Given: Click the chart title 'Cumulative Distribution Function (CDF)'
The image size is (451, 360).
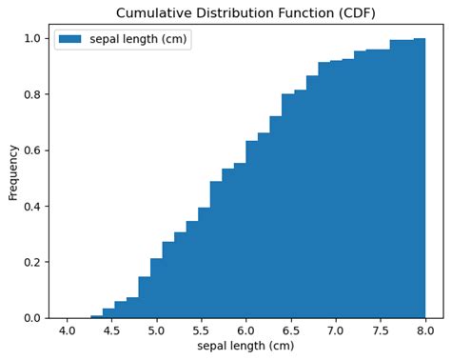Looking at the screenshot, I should pyautogui.click(x=245, y=12).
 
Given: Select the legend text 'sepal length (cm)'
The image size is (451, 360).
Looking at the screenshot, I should pyautogui.click(x=140, y=39).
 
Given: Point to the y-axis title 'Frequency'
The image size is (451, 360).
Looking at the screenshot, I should pyautogui.click(x=13, y=171).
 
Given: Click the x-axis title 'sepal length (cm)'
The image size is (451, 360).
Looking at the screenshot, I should pyautogui.click(x=245, y=346).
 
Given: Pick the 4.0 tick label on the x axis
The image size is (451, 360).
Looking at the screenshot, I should pyautogui.click(x=67, y=330).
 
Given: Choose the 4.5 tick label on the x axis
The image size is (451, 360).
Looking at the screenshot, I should pyautogui.click(x=111, y=330).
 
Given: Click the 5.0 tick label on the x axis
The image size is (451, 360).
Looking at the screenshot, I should pyautogui.click(x=156, y=330).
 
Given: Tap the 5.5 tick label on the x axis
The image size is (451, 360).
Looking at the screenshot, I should pyautogui.click(x=201, y=330).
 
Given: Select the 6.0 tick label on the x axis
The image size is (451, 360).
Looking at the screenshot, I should pyautogui.click(x=245, y=330).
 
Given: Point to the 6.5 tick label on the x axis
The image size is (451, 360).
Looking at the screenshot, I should pyautogui.click(x=291, y=330).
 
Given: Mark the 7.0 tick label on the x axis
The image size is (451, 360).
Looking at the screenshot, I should pyautogui.click(x=336, y=330).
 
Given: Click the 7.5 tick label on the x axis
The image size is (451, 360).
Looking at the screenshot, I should pyautogui.click(x=381, y=330).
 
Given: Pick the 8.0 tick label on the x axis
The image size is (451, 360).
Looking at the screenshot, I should pyautogui.click(x=425, y=330).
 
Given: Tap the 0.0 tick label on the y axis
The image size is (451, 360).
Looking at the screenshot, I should pyautogui.click(x=32, y=318).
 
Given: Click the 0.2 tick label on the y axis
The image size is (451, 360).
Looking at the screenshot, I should pyautogui.click(x=32, y=262).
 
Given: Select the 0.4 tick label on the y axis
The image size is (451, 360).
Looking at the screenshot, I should pyautogui.click(x=32, y=207).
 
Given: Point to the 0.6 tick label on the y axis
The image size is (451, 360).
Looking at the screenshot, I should pyautogui.click(x=32, y=150).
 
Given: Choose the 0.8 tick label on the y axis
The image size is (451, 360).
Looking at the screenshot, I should pyautogui.click(x=32, y=94).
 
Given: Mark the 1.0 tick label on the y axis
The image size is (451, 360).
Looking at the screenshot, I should pyautogui.click(x=32, y=39).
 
